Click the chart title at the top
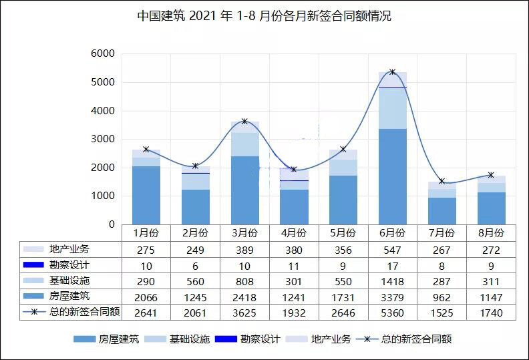pyautogui.click(x=264, y=16)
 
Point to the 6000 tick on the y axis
pyautogui.click(x=103, y=53)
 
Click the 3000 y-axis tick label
pyautogui.click(x=103, y=139)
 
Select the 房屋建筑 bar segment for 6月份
pyautogui.click(x=392, y=176)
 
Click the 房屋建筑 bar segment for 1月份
pyautogui.click(x=146, y=195)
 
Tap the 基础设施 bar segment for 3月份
pyautogui.click(x=244, y=144)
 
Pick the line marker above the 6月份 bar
pyautogui.click(x=392, y=72)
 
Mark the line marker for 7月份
pyautogui.click(x=442, y=181)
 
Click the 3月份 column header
pyautogui.click(x=244, y=233)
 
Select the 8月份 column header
pyautogui.click(x=491, y=233)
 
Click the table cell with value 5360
pyautogui.click(x=392, y=313)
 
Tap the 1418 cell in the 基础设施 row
pyautogui.click(x=392, y=281)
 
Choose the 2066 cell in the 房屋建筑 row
pyautogui.click(x=146, y=297)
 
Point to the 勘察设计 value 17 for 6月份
pyautogui.click(x=392, y=265)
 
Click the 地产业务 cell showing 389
pyautogui.click(x=244, y=249)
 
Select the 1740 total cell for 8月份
pyautogui.click(x=491, y=313)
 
